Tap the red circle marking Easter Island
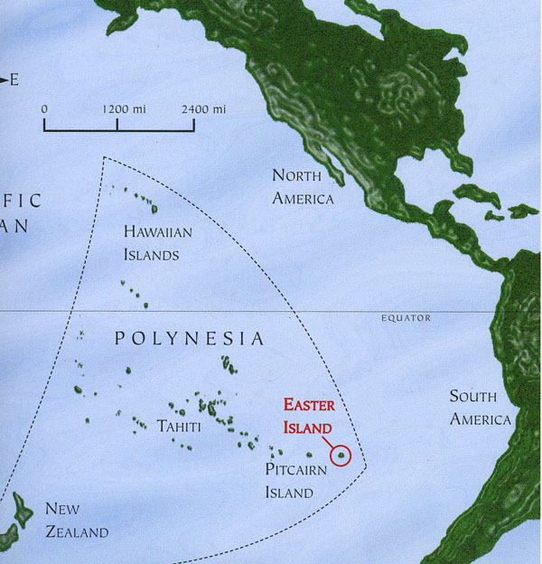point(341,456)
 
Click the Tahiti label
point(179,424)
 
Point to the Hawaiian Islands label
point(158,243)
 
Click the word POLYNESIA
point(191,339)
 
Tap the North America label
point(303,186)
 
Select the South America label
point(480,408)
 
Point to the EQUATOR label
point(406,318)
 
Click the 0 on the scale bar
point(44,109)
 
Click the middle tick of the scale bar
point(117,126)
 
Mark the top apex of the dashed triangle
point(104,157)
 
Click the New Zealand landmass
point(15,515)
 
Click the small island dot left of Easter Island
point(310,454)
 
